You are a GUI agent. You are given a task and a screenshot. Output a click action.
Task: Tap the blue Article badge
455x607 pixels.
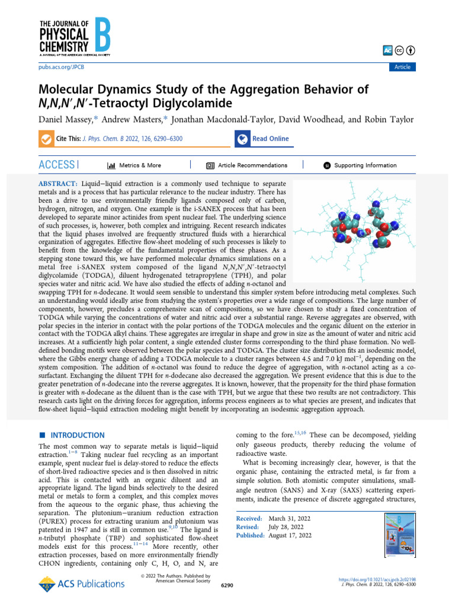pyautogui.click(x=402, y=67)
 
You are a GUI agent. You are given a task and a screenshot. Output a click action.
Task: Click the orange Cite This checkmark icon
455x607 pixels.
pyautogui.click(x=46, y=139)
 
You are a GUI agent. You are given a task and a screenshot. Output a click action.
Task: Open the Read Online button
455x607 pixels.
pyautogui.click(x=264, y=139)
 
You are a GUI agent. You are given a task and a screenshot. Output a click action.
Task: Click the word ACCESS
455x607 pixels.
pyautogui.click(x=57, y=165)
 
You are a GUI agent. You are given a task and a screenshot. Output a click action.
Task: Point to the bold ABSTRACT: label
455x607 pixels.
pyautogui.click(x=58, y=185)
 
